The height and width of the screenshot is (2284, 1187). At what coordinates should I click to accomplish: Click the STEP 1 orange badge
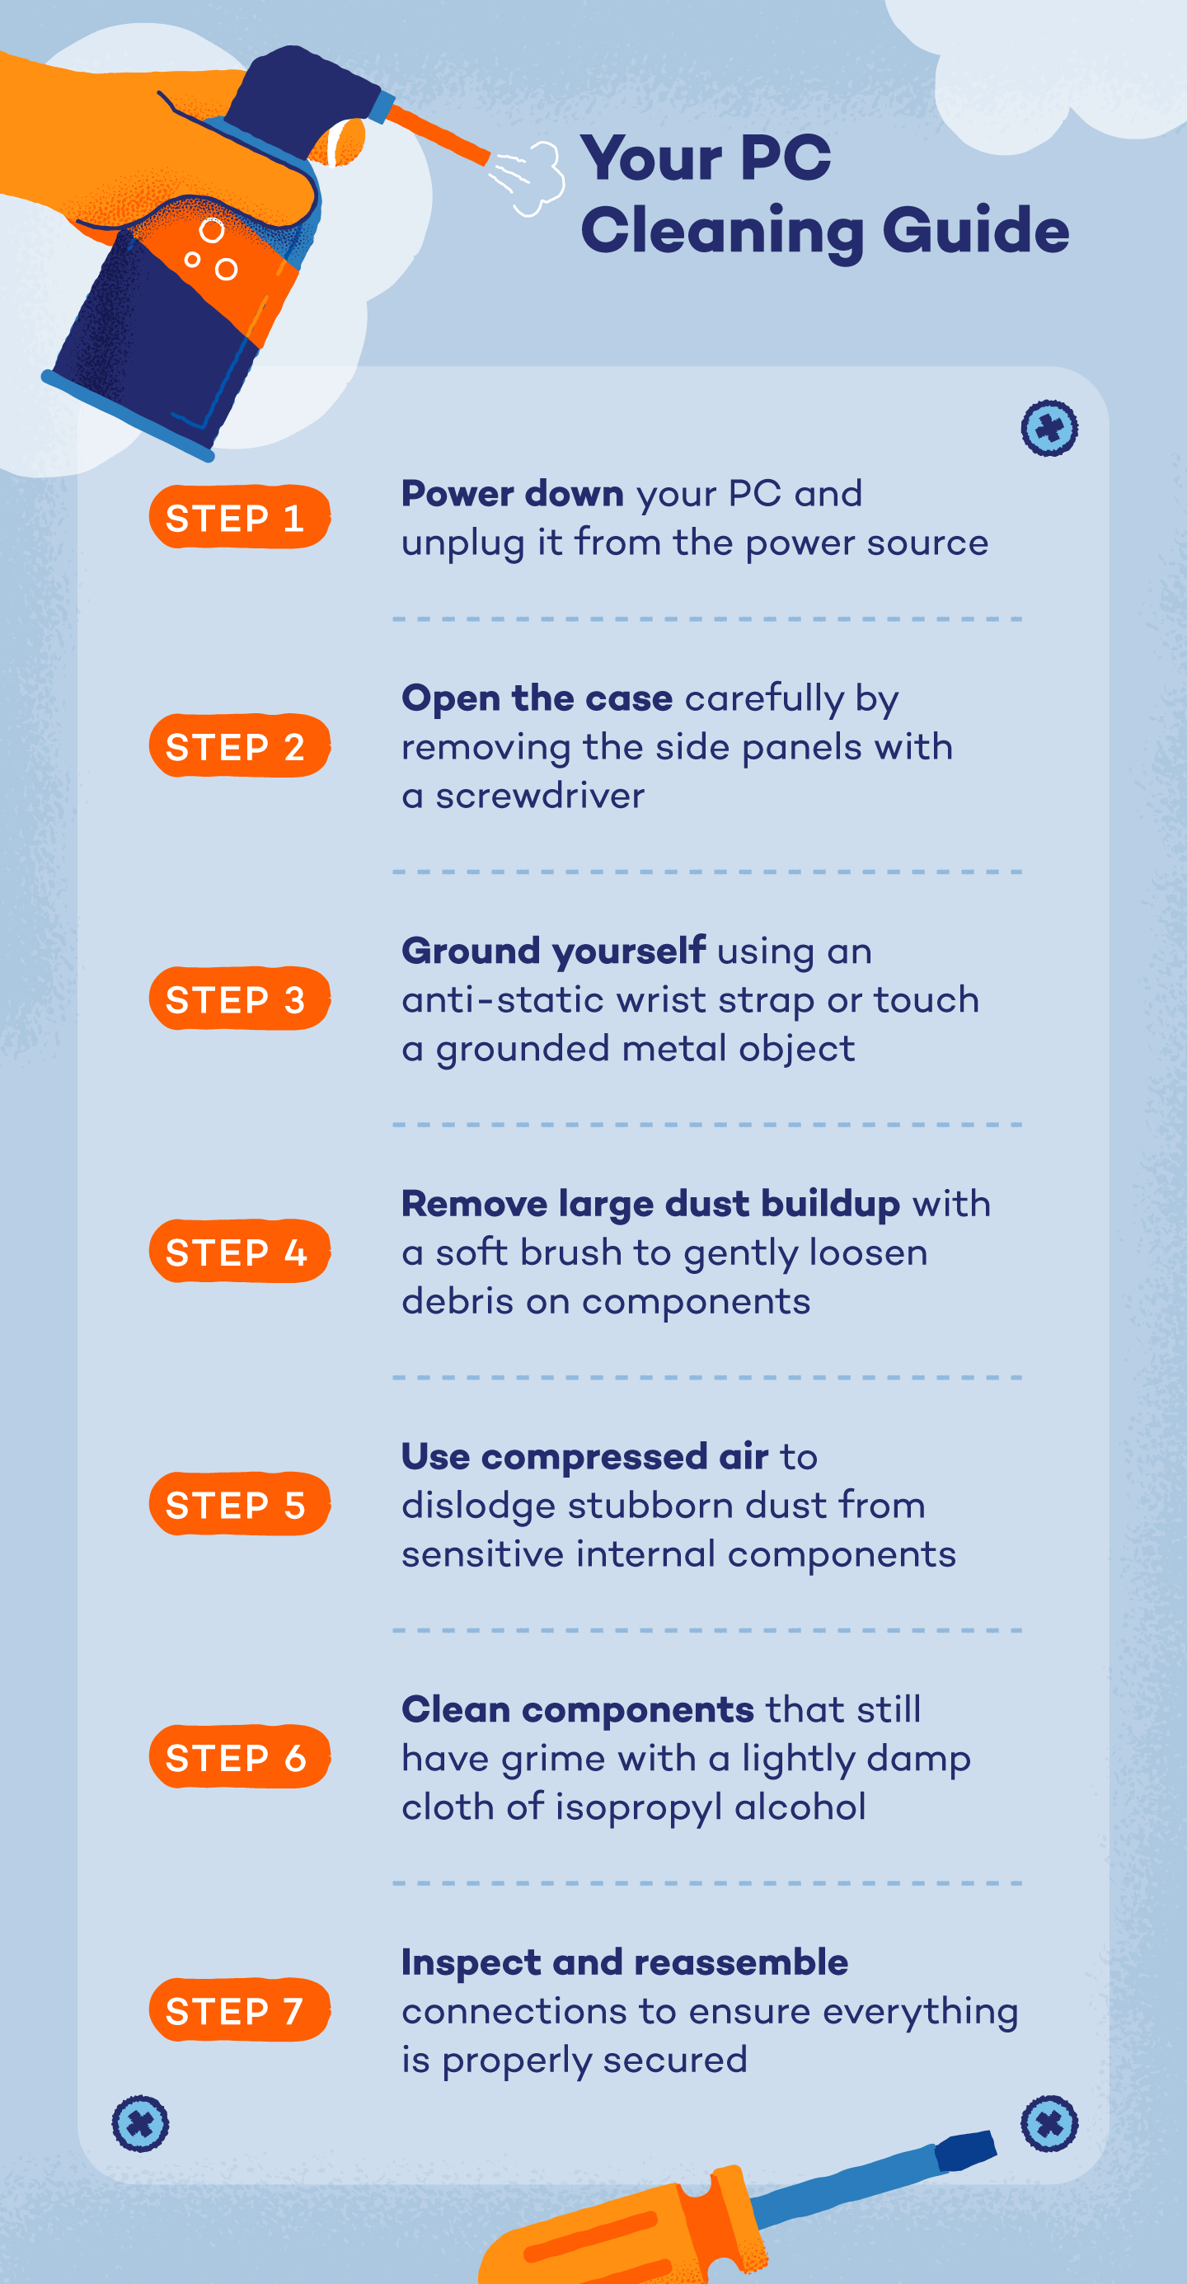click(x=238, y=517)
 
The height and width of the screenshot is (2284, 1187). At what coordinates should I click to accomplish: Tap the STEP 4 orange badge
click(x=238, y=1251)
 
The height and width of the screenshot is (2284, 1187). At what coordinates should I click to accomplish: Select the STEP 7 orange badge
click(x=238, y=2009)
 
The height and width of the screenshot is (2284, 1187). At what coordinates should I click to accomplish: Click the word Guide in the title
click(x=975, y=231)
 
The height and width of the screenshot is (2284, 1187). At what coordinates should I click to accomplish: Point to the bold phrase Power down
click(x=512, y=494)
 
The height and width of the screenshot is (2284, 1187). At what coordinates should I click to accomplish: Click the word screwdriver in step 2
click(x=540, y=797)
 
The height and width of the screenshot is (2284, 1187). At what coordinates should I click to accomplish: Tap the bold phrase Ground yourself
click(x=553, y=951)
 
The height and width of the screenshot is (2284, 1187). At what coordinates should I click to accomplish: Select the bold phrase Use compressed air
click(x=584, y=1456)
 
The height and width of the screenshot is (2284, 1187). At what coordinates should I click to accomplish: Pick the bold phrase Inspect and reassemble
click(x=624, y=1962)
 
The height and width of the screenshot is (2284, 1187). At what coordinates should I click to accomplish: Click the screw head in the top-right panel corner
click(x=1049, y=428)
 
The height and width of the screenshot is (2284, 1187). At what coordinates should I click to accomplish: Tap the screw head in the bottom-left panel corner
click(x=140, y=2122)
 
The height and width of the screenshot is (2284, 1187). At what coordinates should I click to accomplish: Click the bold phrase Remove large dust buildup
click(x=650, y=1203)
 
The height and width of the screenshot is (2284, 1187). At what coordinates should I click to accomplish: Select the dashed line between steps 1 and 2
click(x=706, y=619)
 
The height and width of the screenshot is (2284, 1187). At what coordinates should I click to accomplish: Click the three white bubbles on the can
click(x=211, y=249)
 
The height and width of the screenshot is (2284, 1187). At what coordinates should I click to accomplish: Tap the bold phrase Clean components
click(x=577, y=1708)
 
